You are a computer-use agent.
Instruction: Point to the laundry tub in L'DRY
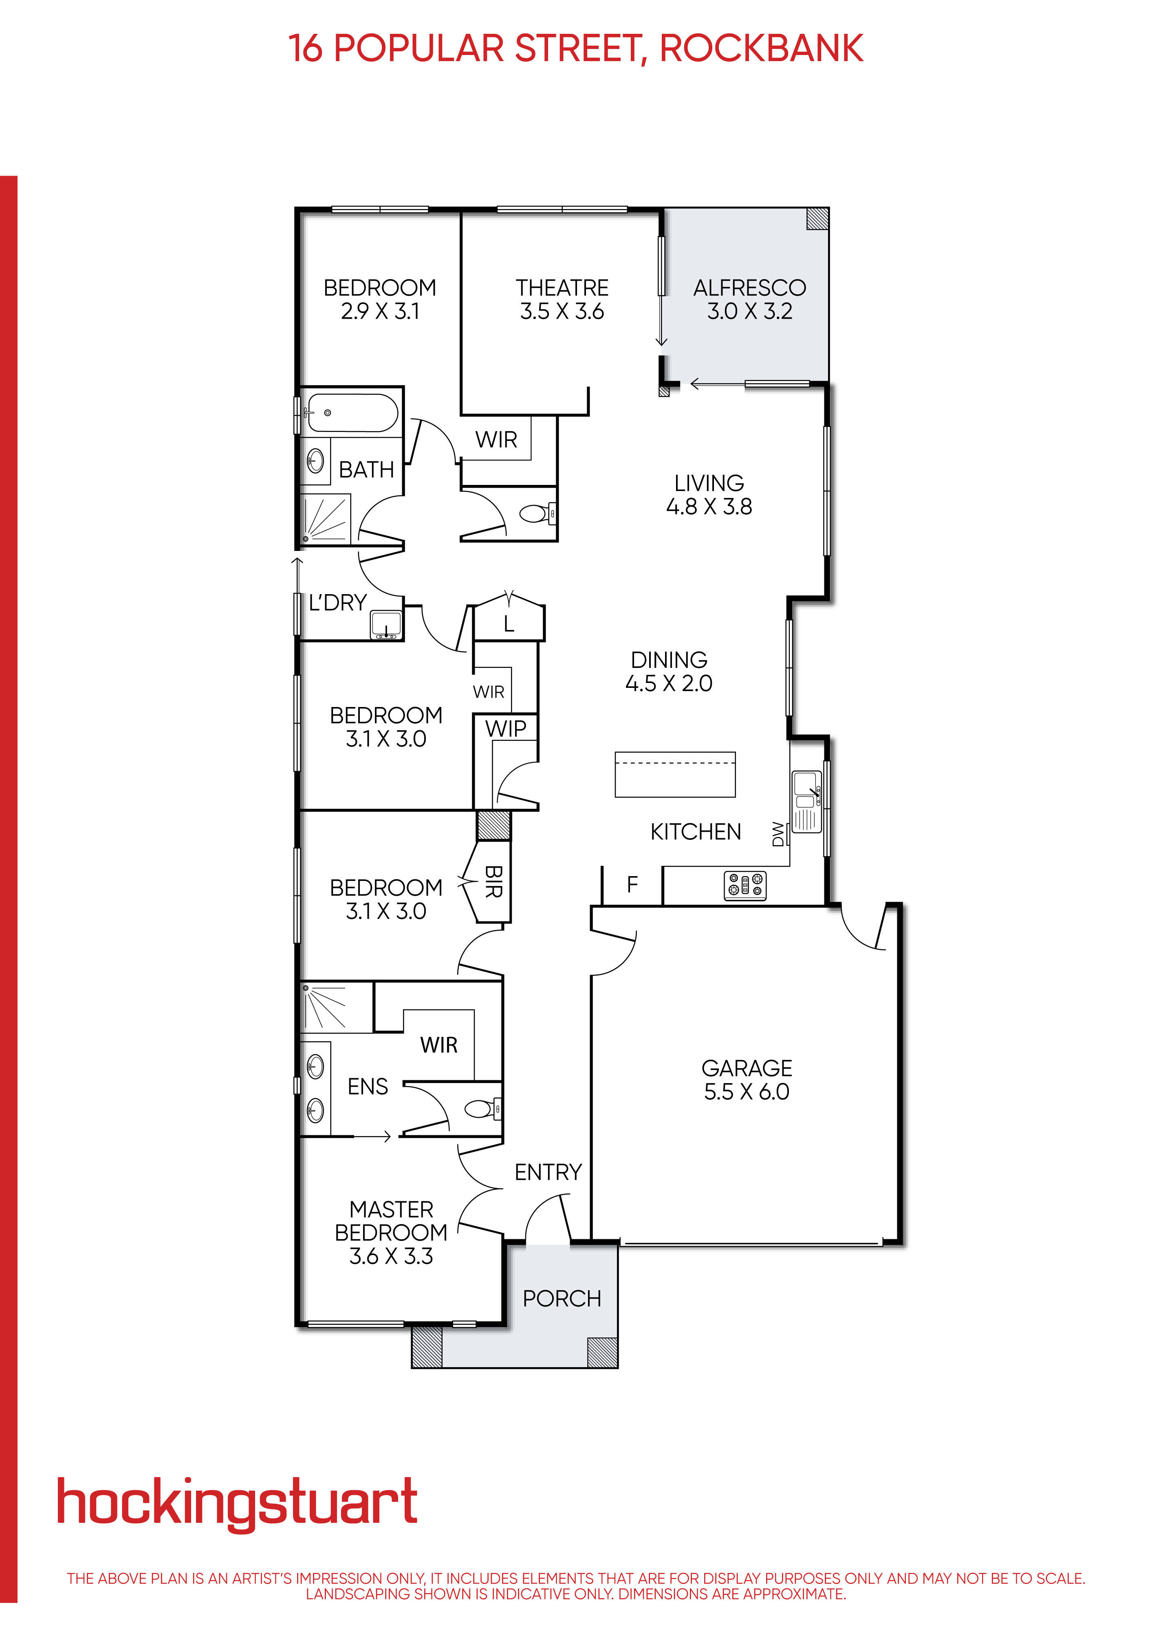[x=385, y=625]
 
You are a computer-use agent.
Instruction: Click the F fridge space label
[x=632, y=885]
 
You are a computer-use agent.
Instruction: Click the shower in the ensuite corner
[x=326, y=1007]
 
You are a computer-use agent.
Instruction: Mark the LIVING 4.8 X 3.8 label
[x=708, y=495]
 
